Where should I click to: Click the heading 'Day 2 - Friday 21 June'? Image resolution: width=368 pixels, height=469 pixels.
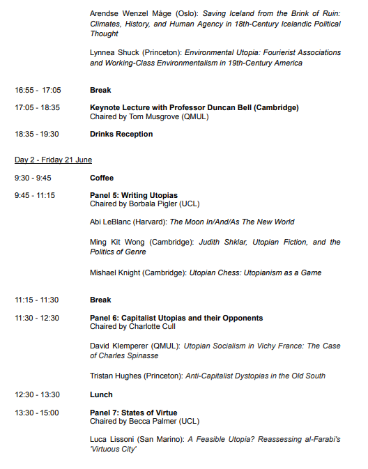53,160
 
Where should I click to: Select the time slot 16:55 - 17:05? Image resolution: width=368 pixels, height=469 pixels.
38,90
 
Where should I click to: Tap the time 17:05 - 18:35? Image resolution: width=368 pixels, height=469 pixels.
38,107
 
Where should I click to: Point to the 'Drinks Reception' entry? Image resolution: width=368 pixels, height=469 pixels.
121,134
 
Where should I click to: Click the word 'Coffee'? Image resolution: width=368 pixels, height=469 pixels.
102,178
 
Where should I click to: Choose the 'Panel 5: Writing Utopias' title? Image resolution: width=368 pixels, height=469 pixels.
134,195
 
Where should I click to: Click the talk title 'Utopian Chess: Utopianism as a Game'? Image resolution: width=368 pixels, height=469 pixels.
255,272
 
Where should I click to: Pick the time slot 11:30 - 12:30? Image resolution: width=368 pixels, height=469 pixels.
38,318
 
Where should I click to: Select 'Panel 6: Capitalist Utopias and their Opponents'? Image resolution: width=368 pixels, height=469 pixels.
176,318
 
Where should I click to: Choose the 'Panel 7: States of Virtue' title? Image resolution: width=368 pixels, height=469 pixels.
134,413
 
